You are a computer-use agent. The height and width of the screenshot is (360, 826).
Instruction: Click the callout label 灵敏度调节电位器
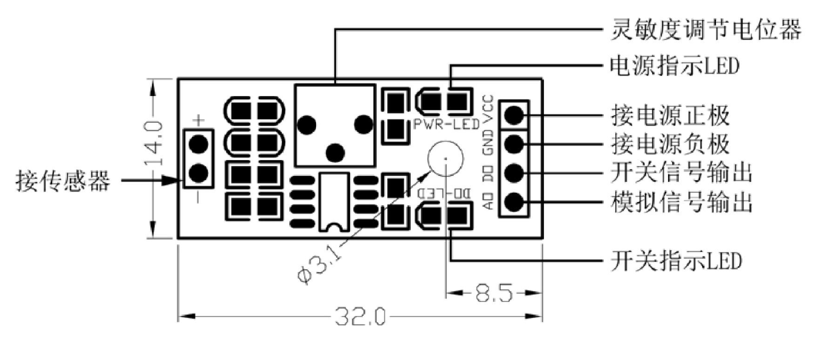coord(705,29)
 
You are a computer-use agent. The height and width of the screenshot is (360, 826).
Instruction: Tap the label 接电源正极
coord(670,115)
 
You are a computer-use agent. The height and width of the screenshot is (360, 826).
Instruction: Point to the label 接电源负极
coord(670,144)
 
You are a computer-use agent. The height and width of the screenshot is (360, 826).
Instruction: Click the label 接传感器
coord(63,180)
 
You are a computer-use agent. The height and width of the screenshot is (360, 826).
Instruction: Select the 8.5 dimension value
coord(493,292)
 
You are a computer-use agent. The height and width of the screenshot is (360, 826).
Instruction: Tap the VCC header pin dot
coord(513,115)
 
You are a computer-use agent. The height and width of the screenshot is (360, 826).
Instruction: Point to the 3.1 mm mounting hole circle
coord(441,159)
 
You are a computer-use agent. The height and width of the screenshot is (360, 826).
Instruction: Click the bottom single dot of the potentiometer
coord(334,151)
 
